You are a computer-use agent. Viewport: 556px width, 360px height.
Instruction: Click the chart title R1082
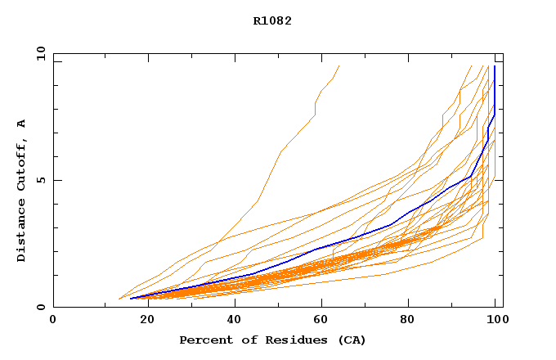(272, 21)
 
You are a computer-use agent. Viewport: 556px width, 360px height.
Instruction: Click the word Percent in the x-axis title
(203, 340)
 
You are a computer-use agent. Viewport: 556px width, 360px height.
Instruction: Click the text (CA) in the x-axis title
(352, 340)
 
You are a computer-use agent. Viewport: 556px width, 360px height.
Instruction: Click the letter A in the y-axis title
(22, 124)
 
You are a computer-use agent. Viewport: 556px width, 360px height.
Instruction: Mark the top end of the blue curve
(495, 67)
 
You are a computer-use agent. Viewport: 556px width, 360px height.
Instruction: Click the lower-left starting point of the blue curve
(131, 298)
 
